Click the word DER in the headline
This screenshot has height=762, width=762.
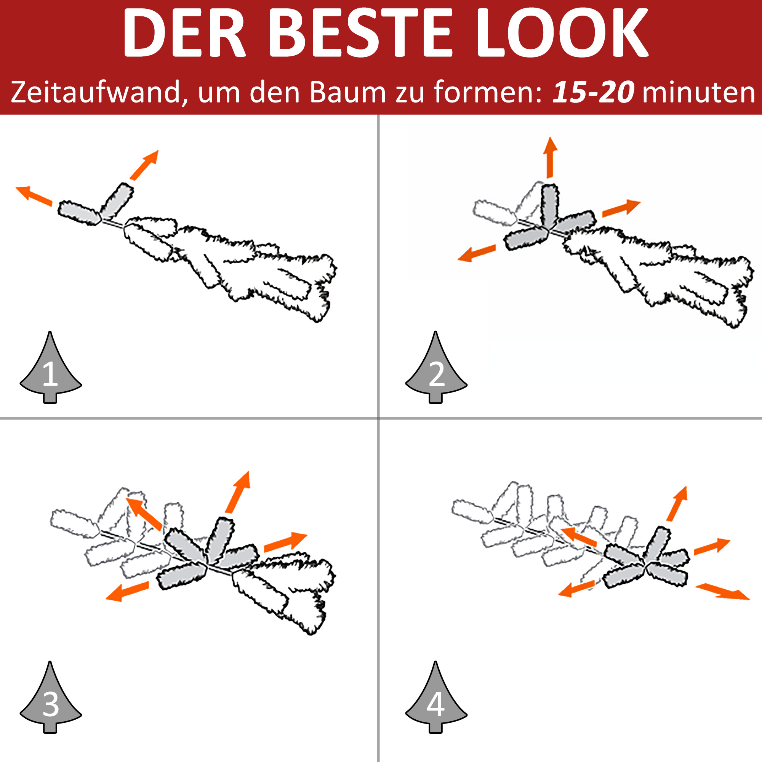[x=184, y=34]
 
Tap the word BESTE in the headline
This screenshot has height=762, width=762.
[x=360, y=34]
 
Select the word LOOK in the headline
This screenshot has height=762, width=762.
[x=562, y=34]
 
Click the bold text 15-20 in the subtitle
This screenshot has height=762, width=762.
[x=593, y=92]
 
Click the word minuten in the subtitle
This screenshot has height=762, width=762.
[x=698, y=93]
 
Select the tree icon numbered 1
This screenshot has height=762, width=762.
[x=51, y=367]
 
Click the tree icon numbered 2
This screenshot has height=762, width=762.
[x=436, y=367]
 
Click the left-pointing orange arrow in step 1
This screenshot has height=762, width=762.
[x=34, y=195]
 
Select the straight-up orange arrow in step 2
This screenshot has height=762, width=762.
[x=550, y=157]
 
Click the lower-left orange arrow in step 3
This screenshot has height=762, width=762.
[x=127, y=591]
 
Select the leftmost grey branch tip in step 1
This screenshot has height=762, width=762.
[x=79, y=213]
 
